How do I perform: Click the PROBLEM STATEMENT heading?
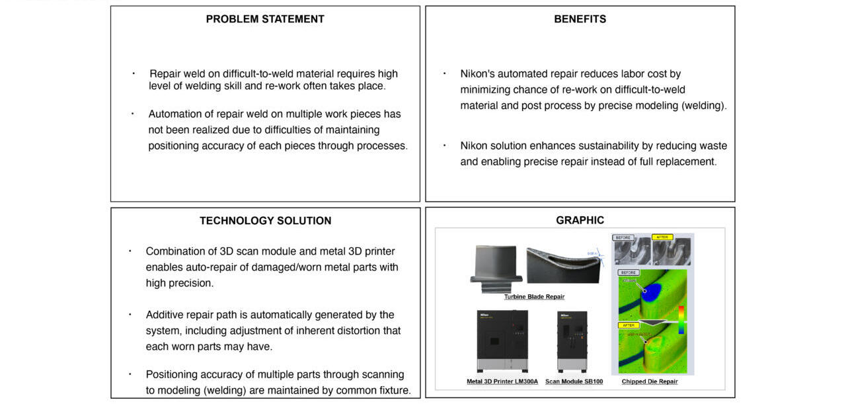(265, 19)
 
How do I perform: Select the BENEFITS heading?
(580, 19)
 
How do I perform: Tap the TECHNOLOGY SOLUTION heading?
(265, 221)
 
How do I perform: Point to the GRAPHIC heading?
(580, 221)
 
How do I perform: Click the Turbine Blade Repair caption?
(534, 297)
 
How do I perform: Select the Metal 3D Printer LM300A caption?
(502, 382)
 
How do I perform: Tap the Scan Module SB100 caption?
(574, 382)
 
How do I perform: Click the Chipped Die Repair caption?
(649, 382)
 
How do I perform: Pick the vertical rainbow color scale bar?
(681, 319)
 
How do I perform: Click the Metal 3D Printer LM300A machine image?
(502, 341)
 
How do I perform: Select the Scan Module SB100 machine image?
(572, 341)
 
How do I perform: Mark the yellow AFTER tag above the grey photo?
(663, 237)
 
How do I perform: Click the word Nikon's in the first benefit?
(478, 74)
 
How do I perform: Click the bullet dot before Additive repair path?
(130, 315)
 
